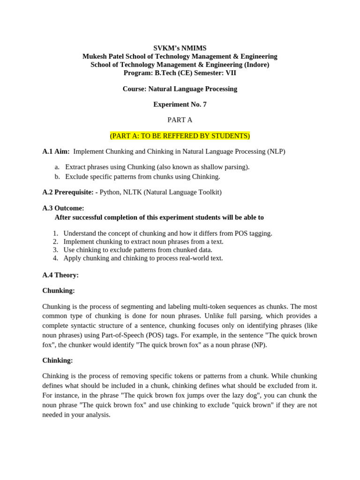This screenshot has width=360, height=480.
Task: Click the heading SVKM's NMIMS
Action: (x=180, y=48)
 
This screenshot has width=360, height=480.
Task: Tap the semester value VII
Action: (x=230, y=73)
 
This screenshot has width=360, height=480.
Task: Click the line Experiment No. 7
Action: (x=180, y=105)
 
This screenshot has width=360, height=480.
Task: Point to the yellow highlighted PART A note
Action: (x=180, y=136)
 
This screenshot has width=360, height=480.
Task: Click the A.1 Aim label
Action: (x=56, y=151)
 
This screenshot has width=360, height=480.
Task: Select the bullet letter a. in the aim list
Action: (x=57, y=167)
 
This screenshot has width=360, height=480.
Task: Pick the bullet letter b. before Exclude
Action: (x=57, y=176)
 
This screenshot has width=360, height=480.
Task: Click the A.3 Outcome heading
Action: (x=63, y=208)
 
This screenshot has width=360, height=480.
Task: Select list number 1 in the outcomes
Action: (x=55, y=233)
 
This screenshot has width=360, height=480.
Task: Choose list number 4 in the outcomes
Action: (x=55, y=258)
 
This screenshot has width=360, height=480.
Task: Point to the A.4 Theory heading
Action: (x=60, y=275)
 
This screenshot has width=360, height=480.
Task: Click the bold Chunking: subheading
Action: (x=59, y=291)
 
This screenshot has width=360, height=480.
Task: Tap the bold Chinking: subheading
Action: (x=58, y=360)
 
